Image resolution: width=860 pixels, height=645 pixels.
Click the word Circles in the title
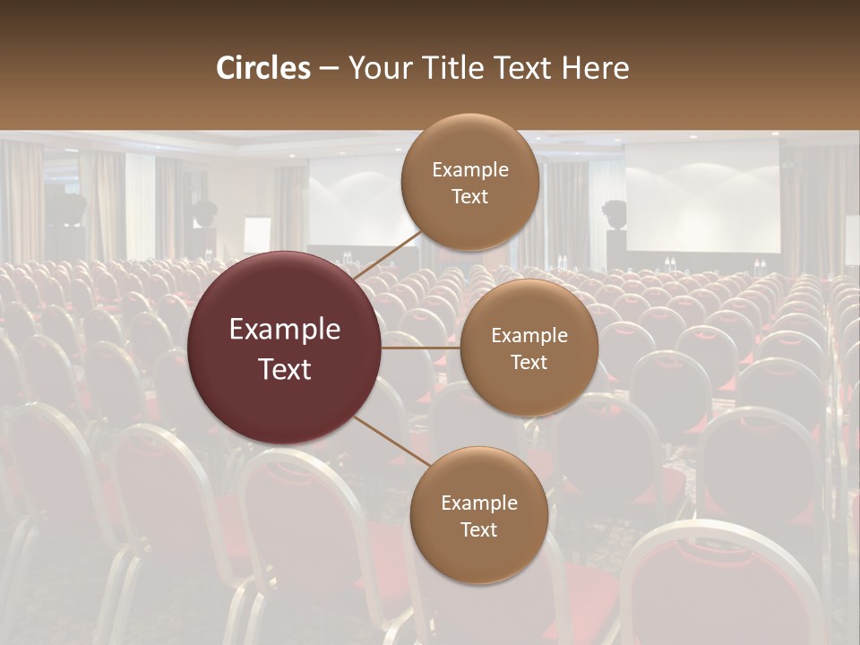[x=262, y=68]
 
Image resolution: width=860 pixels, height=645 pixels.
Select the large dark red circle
[x=285, y=348]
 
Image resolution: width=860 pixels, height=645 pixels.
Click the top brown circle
[x=469, y=182]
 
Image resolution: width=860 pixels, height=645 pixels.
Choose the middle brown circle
[x=529, y=348]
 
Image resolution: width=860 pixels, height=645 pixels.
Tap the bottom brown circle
[x=478, y=515]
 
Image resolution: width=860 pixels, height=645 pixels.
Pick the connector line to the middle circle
[x=421, y=348]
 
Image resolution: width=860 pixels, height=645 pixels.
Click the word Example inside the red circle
[x=285, y=330]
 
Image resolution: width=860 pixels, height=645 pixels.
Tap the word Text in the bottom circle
[x=478, y=529]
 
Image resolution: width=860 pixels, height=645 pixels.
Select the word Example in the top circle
[x=469, y=170]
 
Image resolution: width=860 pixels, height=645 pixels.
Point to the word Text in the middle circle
[x=529, y=362]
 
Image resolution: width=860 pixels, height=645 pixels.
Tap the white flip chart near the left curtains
[x=257, y=235]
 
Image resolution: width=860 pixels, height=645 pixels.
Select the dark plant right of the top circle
[x=615, y=215]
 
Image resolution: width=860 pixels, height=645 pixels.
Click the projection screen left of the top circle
[x=354, y=202]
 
